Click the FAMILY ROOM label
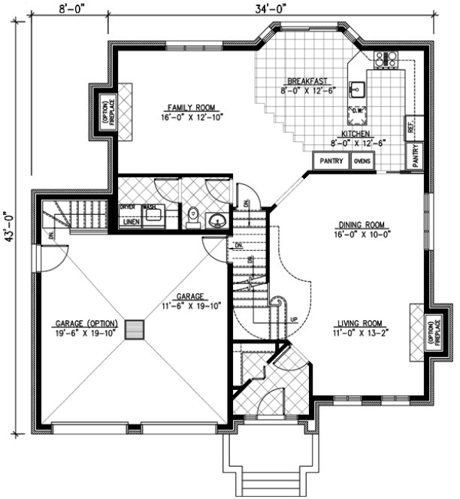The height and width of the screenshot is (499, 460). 181,107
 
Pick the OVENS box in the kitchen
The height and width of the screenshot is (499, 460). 362,161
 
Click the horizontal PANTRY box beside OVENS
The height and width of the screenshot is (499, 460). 331,161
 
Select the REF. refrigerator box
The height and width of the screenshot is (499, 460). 410,127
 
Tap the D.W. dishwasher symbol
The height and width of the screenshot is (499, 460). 359,113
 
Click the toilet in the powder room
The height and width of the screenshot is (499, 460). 192,216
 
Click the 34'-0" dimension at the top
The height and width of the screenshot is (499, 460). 270,8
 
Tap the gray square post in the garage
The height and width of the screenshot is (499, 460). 135,330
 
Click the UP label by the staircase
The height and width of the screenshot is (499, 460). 293,319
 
